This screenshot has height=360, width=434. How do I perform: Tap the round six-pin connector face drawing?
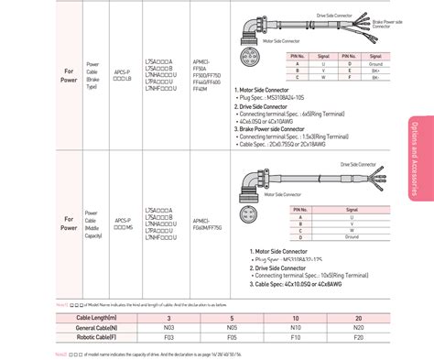pyautogui.click(x=249, y=69)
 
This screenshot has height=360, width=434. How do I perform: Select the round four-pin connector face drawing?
pyautogui.click(x=249, y=217)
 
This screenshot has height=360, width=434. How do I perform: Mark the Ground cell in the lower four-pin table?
pyautogui.click(x=351, y=236)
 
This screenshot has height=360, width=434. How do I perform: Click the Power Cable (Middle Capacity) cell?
pyautogui.click(x=93, y=224)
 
